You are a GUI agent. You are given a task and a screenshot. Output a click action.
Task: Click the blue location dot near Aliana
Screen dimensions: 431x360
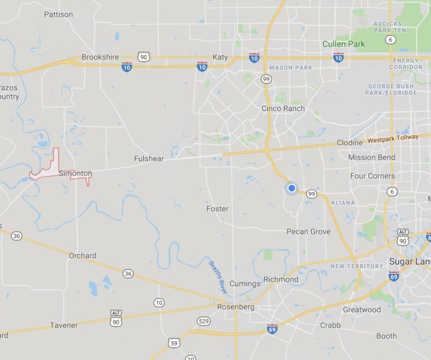click(292, 188)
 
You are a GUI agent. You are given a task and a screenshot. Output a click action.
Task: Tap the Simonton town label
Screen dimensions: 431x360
click(75, 173)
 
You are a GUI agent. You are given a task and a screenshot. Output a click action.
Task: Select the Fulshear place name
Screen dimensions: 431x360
click(149, 159)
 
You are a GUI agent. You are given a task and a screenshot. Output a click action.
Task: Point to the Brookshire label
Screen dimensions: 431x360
click(100, 57)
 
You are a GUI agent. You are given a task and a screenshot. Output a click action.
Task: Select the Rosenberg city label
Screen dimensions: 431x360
click(236, 307)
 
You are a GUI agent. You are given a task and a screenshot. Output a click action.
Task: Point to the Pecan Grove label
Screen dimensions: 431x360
click(309, 232)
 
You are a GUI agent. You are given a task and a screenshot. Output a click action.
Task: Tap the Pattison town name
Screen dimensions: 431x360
click(59, 14)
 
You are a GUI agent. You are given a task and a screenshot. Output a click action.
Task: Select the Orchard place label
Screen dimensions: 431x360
click(82, 255)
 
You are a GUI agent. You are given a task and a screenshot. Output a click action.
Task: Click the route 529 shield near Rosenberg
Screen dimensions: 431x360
click(203, 321)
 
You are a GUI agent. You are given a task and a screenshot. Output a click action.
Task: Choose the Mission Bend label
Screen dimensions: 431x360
click(371, 157)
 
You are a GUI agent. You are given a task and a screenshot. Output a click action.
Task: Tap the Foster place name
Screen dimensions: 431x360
click(217, 209)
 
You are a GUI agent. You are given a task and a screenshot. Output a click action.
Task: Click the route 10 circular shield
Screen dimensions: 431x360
click(159, 303)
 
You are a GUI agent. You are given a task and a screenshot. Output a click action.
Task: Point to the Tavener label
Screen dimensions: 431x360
click(64, 325)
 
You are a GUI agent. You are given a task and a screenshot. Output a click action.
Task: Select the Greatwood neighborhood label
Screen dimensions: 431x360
click(362, 310)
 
